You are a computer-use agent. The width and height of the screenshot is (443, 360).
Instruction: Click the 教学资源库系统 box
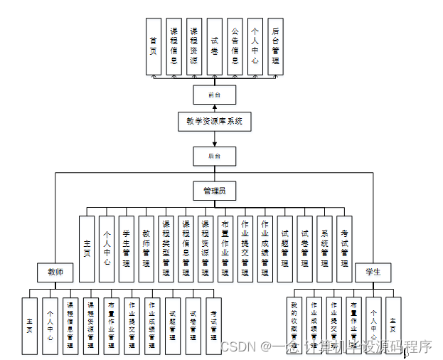(x=214, y=121)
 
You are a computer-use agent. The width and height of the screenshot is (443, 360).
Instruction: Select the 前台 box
(x=214, y=95)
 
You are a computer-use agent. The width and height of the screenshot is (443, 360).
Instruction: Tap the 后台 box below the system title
(x=214, y=157)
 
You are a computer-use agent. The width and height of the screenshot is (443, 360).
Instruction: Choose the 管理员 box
(x=214, y=191)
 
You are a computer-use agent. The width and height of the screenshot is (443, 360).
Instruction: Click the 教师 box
(x=55, y=272)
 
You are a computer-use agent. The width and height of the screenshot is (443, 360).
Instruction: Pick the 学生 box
(x=373, y=272)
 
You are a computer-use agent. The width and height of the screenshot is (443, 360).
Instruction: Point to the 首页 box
(x=154, y=46)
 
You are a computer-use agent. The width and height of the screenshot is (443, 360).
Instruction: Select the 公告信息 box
(x=235, y=46)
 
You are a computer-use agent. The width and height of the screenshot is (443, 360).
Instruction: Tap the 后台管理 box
(x=275, y=46)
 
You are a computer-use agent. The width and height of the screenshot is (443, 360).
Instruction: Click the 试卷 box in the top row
(x=214, y=46)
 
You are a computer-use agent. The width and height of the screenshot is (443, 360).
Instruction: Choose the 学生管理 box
(x=127, y=249)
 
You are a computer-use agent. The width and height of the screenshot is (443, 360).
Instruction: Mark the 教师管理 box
(x=146, y=249)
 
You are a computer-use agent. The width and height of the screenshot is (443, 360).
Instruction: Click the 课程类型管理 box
(x=166, y=249)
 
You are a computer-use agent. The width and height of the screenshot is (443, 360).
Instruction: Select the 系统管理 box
(x=324, y=249)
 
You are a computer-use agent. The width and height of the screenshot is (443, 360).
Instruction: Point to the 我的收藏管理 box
(x=293, y=325)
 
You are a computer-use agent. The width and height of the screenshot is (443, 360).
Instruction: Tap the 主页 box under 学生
(x=393, y=325)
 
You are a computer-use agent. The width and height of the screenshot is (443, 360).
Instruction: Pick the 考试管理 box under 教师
(x=213, y=325)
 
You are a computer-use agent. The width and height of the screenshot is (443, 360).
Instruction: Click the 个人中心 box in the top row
(x=255, y=46)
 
